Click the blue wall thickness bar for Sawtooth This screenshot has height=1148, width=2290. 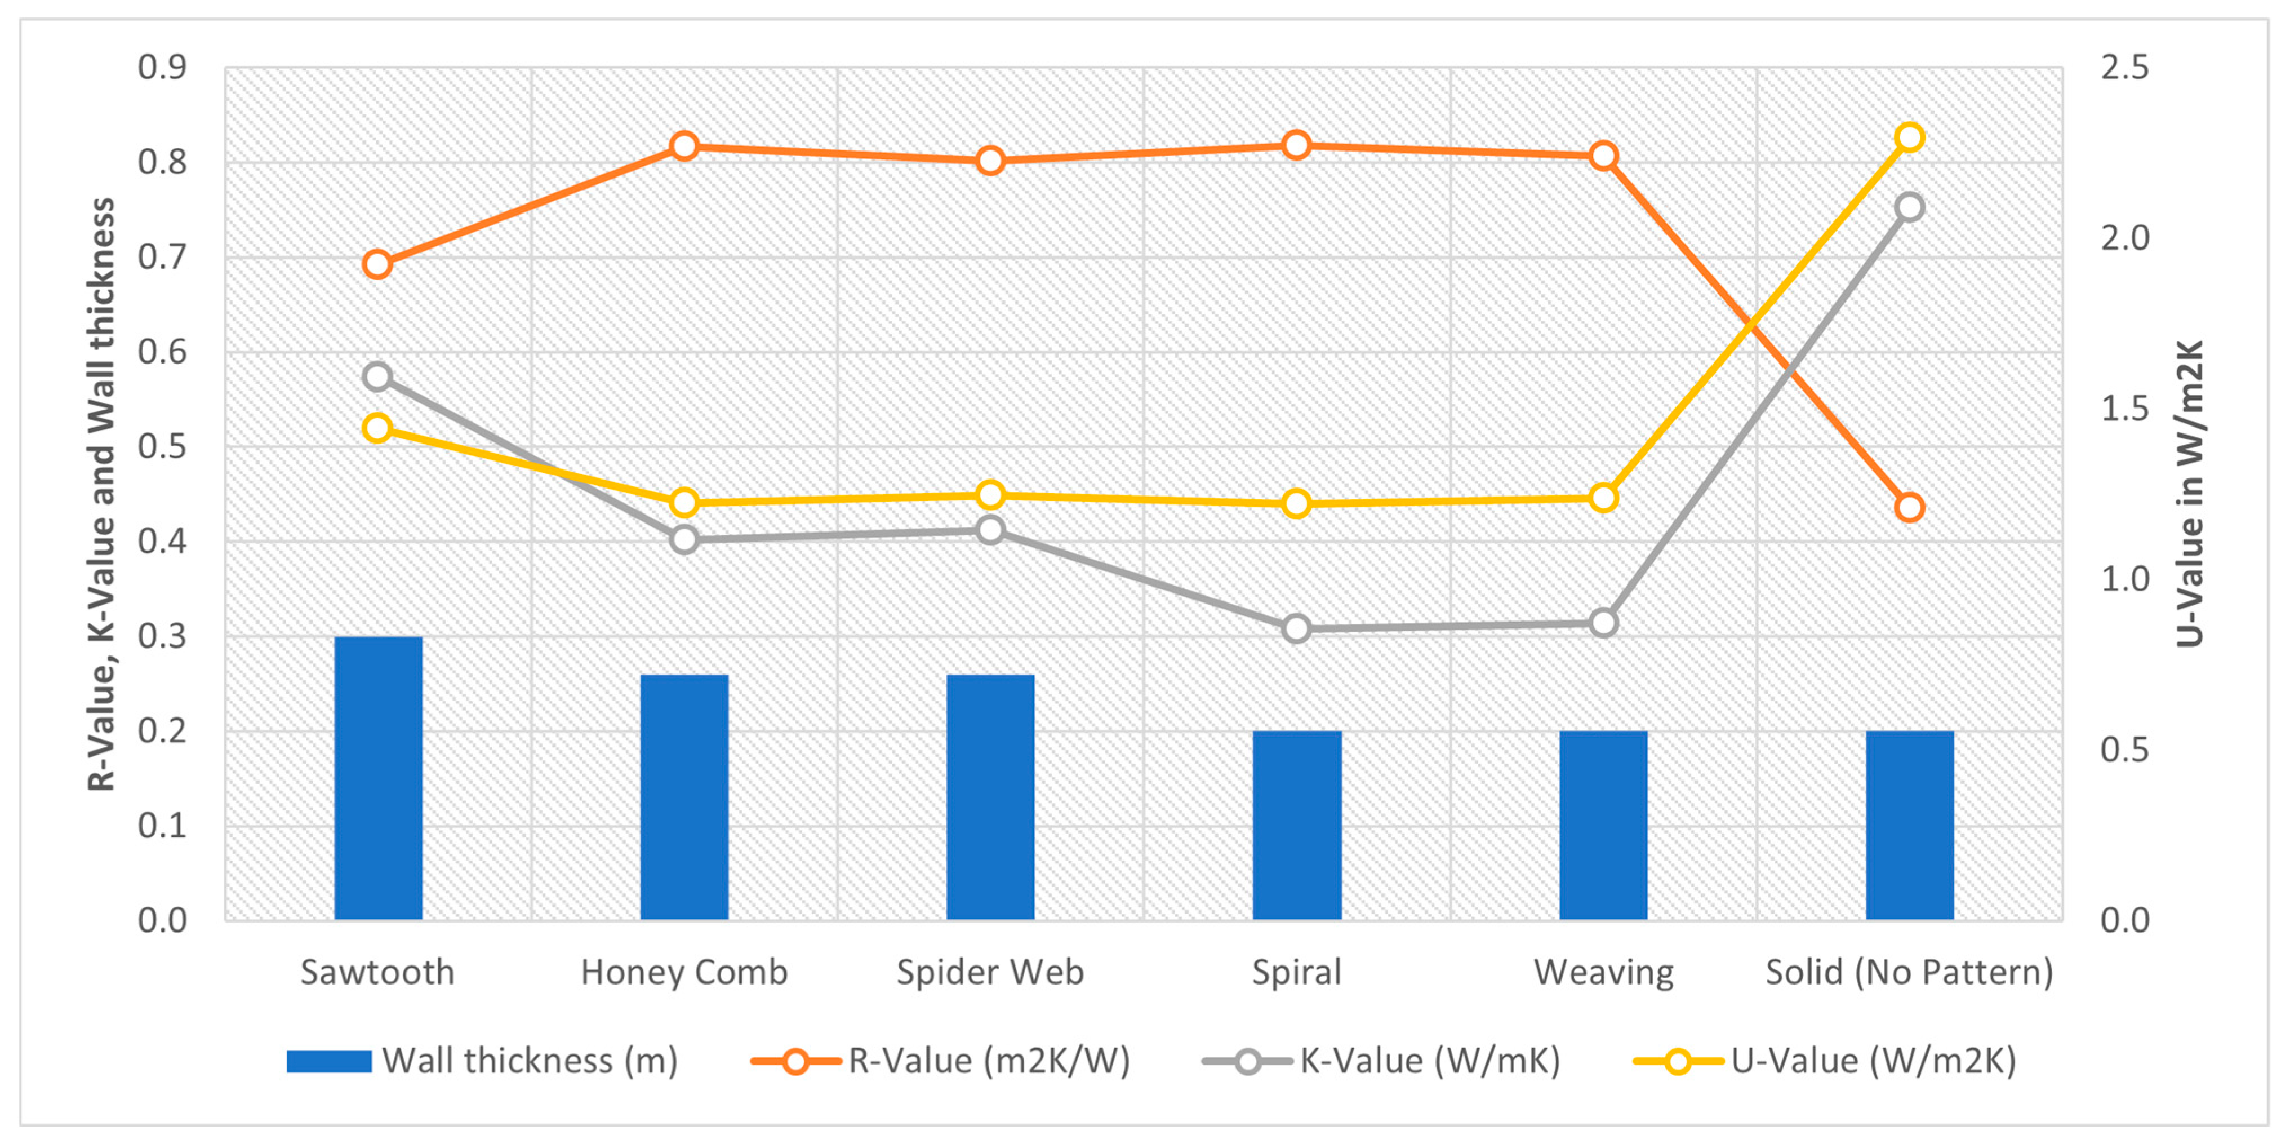pyautogui.click(x=378, y=778)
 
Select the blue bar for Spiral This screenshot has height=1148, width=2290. pyautogui.click(x=1297, y=825)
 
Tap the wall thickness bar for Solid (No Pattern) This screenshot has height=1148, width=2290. pyautogui.click(x=1910, y=825)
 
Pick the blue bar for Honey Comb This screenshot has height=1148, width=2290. pyautogui.click(x=684, y=797)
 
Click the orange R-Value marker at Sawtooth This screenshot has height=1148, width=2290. pyautogui.click(x=378, y=264)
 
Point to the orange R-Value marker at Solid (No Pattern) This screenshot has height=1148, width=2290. pyautogui.click(x=1910, y=508)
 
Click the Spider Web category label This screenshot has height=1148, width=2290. pyautogui.click(x=990, y=972)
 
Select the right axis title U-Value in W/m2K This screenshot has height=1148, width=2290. pyautogui.click(x=2190, y=494)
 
